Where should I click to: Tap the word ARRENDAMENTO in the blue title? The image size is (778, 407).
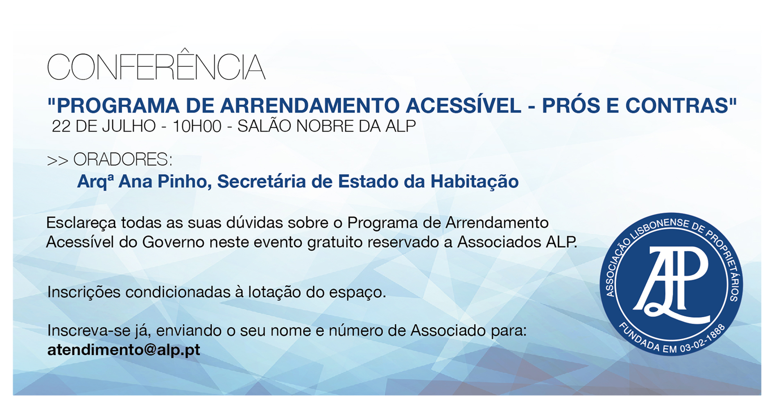pyautogui.click(x=310, y=105)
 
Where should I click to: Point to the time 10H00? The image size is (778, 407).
pyautogui.click(x=197, y=126)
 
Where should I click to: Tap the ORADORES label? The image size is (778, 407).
pyautogui.click(x=122, y=159)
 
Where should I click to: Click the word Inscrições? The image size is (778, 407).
pyautogui.click(x=84, y=293)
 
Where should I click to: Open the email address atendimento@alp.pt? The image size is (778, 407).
pyautogui.click(x=124, y=350)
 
